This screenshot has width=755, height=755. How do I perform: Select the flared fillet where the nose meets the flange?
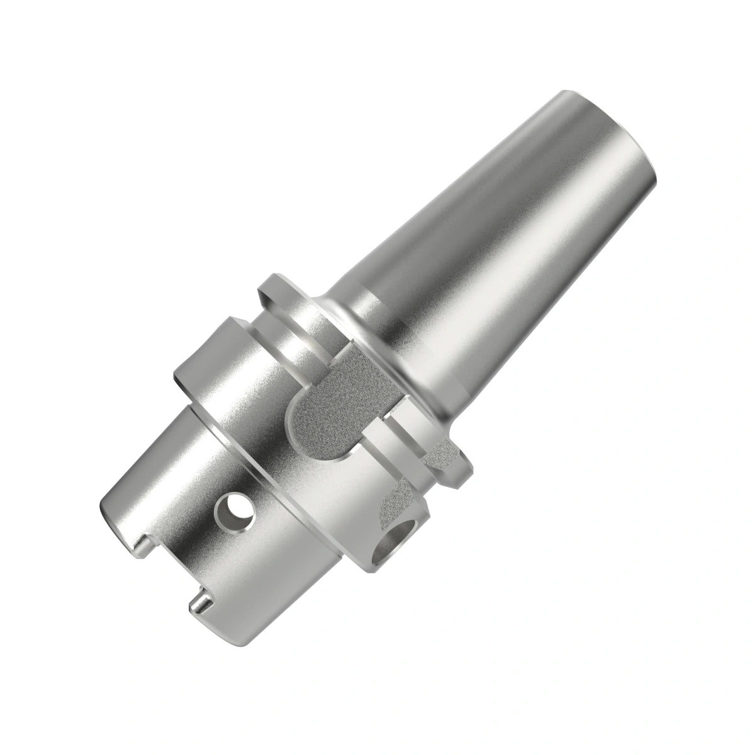(x=365, y=327)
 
